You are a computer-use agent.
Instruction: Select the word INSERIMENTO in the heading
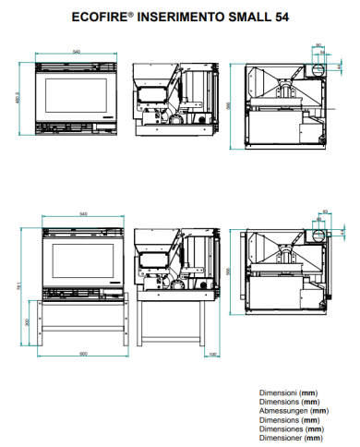176,16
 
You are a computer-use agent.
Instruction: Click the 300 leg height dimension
27,320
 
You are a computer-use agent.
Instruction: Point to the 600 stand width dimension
82,353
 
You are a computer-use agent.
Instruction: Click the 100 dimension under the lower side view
212,353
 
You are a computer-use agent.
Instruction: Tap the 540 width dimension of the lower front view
84,213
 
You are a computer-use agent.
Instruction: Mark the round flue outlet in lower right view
317,235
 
